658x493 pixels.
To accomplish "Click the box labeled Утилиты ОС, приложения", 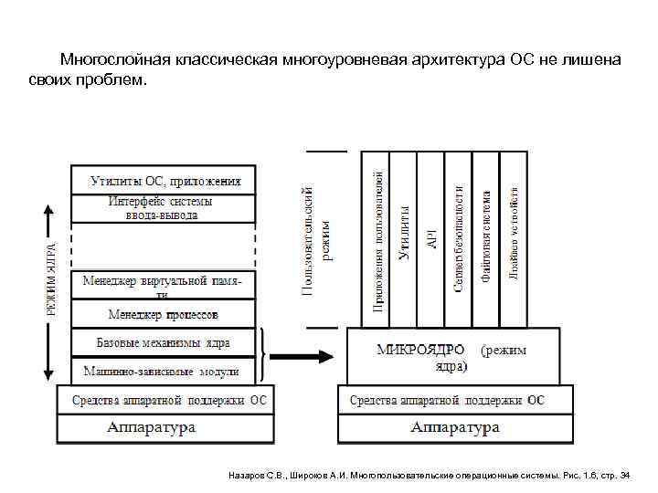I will tap(164, 180).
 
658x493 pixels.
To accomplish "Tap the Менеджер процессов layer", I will tap(164, 315).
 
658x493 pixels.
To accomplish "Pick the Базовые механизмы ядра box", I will tap(164, 342).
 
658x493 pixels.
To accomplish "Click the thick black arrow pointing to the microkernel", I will tap(302, 357).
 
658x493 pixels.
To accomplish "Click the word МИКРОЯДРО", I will tap(421, 350).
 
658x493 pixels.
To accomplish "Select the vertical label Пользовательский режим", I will tap(316, 237).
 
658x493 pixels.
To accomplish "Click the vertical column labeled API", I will tap(431, 237).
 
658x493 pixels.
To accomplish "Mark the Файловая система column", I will tap(486, 237).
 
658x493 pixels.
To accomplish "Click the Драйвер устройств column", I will tap(514, 237).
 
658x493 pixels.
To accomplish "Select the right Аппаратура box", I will tap(455, 427).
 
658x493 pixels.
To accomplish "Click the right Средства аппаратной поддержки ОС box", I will tap(455, 400).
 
